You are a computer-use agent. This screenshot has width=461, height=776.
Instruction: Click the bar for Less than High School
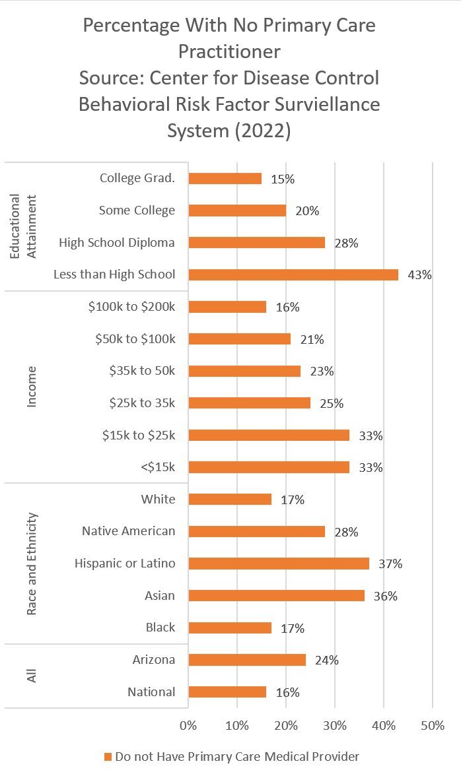tap(293, 275)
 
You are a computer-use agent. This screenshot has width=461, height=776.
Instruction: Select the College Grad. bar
tap(225, 178)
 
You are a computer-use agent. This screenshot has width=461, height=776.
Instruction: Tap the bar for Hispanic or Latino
tap(279, 564)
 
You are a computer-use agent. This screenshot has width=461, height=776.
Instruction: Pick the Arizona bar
tap(247, 660)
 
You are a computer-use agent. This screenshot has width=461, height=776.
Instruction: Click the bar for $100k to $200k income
tap(227, 307)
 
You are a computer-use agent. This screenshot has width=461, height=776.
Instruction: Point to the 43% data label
tap(419, 275)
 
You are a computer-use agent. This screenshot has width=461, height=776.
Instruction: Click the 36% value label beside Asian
tap(385, 596)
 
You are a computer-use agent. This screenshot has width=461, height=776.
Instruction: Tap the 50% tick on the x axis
tap(432, 726)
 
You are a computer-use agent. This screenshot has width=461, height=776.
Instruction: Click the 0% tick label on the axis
tap(188, 726)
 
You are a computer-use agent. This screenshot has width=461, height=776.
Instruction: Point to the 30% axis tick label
tap(335, 726)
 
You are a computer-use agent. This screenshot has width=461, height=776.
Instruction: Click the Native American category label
tap(129, 531)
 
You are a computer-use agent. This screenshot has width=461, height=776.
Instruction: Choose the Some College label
tap(137, 210)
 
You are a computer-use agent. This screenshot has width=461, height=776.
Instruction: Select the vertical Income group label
tap(32, 387)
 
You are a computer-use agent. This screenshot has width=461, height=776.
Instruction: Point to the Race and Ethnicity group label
tap(32, 564)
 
